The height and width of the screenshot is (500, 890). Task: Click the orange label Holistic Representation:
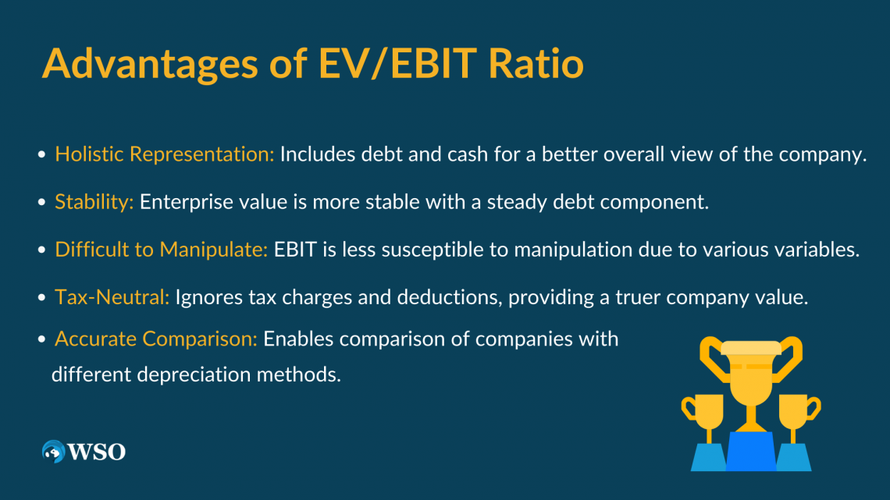click(164, 154)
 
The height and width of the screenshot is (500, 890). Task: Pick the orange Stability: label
click(94, 202)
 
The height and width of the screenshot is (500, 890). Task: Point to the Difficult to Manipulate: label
click(161, 250)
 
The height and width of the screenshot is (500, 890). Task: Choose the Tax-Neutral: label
click(112, 297)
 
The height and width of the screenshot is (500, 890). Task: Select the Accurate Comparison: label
click(155, 339)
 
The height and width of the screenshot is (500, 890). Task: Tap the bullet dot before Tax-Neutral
click(42, 299)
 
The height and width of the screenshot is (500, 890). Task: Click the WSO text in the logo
click(98, 451)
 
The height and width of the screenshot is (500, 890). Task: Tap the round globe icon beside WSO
click(54, 452)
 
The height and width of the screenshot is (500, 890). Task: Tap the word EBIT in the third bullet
click(294, 250)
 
